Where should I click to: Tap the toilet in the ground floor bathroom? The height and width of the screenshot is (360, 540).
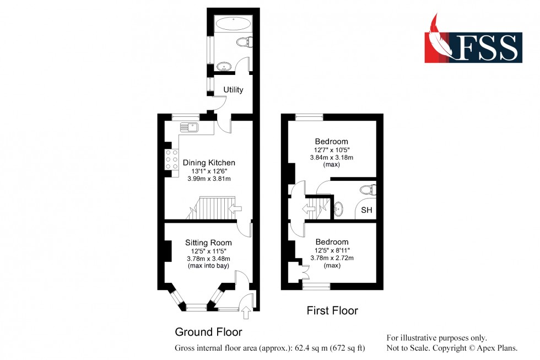point(243,41)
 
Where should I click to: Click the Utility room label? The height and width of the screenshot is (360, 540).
point(233,90)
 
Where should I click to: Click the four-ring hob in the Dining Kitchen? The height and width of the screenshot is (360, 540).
point(171,160)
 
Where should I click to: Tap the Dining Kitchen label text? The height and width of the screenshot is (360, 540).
point(209,163)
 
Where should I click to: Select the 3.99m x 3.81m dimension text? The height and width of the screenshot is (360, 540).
point(209,179)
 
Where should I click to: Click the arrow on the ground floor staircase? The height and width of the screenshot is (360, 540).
point(235,208)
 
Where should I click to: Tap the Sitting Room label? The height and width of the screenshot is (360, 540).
point(208,243)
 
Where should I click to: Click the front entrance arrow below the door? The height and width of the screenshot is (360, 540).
point(246,314)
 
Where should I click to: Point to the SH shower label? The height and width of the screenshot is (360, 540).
point(366,210)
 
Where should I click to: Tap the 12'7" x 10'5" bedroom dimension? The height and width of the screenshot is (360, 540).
point(332,150)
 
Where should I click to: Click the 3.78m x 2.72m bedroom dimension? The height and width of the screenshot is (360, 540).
point(332,257)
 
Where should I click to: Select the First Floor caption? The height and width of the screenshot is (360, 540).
point(332,311)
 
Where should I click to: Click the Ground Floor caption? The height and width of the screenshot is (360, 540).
point(208,332)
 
